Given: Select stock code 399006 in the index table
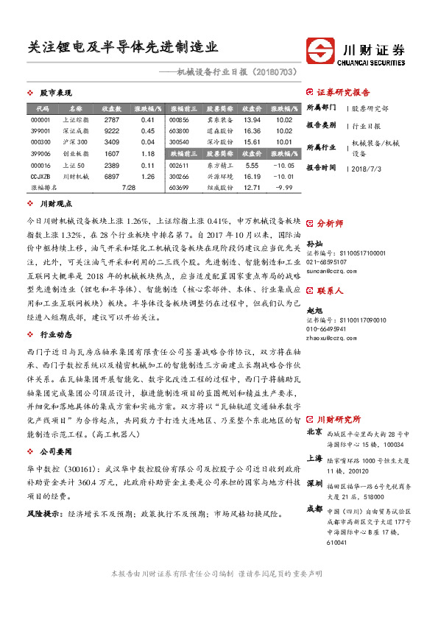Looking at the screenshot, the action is [x=41, y=153].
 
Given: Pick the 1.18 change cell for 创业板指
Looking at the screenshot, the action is [x=147, y=153].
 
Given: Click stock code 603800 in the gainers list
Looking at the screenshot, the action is [x=179, y=130].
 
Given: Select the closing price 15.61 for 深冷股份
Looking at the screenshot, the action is [x=252, y=142].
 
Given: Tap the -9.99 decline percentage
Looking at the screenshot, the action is [x=283, y=188].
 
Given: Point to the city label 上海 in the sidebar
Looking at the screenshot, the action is [x=314, y=457].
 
